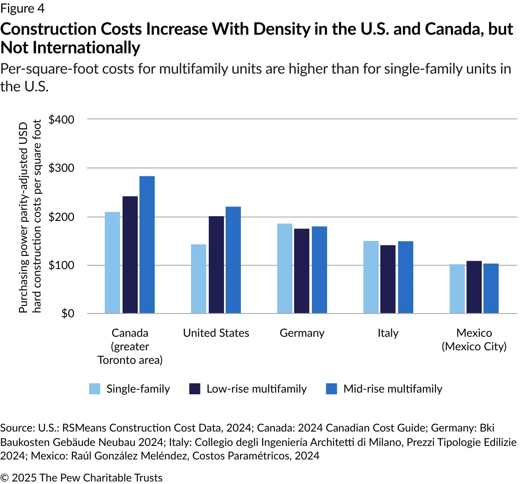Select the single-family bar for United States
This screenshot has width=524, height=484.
199,279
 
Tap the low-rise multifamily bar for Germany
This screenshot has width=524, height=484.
302,271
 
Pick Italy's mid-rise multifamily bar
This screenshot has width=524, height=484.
405,277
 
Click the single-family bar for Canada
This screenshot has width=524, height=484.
112,262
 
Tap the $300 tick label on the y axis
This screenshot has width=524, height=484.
61,168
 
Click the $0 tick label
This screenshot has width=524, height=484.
68,313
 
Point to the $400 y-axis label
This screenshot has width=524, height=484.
61,120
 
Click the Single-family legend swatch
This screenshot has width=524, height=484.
95,389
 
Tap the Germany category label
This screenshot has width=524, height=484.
302,333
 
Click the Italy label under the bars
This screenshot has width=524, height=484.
388,333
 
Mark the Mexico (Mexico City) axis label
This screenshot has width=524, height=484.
474,340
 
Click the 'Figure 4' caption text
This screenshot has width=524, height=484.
22,8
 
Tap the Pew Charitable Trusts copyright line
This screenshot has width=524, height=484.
81,478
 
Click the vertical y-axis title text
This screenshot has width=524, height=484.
30,217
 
